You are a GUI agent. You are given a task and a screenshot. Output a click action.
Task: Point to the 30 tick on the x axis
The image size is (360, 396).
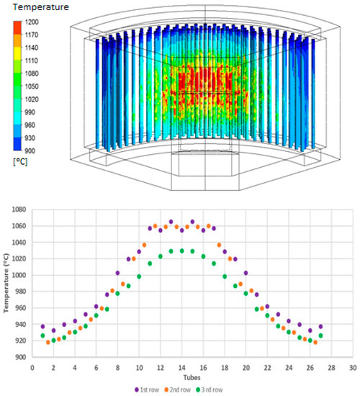[351, 367]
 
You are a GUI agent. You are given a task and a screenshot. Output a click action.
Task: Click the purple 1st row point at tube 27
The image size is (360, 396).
[320, 326]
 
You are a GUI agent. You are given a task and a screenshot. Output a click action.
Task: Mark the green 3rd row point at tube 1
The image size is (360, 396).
[42, 336]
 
